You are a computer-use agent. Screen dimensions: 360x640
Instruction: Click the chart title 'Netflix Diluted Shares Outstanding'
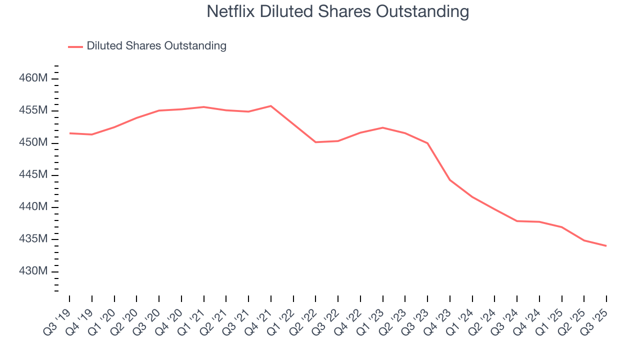tap(338, 11)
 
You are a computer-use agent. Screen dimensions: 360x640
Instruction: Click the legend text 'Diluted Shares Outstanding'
tap(156, 46)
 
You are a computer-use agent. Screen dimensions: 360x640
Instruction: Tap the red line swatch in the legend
tap(75, 46)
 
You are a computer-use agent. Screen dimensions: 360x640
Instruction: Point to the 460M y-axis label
tap(33, 78)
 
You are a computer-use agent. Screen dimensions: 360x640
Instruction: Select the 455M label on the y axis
tap(33, 110)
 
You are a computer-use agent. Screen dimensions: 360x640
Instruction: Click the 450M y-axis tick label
tap(33, 143)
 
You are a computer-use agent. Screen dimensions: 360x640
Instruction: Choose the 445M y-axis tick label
tap(33, 175)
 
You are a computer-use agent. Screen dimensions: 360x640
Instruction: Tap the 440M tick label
tap(33, 207)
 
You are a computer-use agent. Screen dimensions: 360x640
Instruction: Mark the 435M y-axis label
tap(33, 239)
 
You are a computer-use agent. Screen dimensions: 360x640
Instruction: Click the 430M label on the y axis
tap(33, 271)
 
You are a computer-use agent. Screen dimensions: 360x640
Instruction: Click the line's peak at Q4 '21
tap(270, 106)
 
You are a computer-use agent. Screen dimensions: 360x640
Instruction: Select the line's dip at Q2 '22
tap(315, 142)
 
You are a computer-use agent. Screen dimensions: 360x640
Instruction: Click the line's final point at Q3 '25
tap(606, 245)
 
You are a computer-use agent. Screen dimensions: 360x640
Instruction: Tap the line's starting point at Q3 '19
tap(69, 133)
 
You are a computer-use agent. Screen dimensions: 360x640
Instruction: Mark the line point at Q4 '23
tap(450, 180)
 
